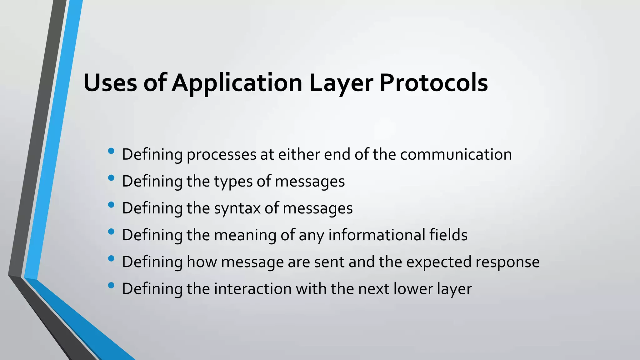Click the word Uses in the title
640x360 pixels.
110,83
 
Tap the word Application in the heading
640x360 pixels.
237,83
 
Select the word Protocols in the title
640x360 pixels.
433,83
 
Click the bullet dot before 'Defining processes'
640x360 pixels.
111,151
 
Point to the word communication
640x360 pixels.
456,154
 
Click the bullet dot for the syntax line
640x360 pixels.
111,205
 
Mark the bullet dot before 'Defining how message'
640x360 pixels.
111,259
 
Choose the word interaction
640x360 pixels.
252,289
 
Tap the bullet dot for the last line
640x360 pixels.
111,285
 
